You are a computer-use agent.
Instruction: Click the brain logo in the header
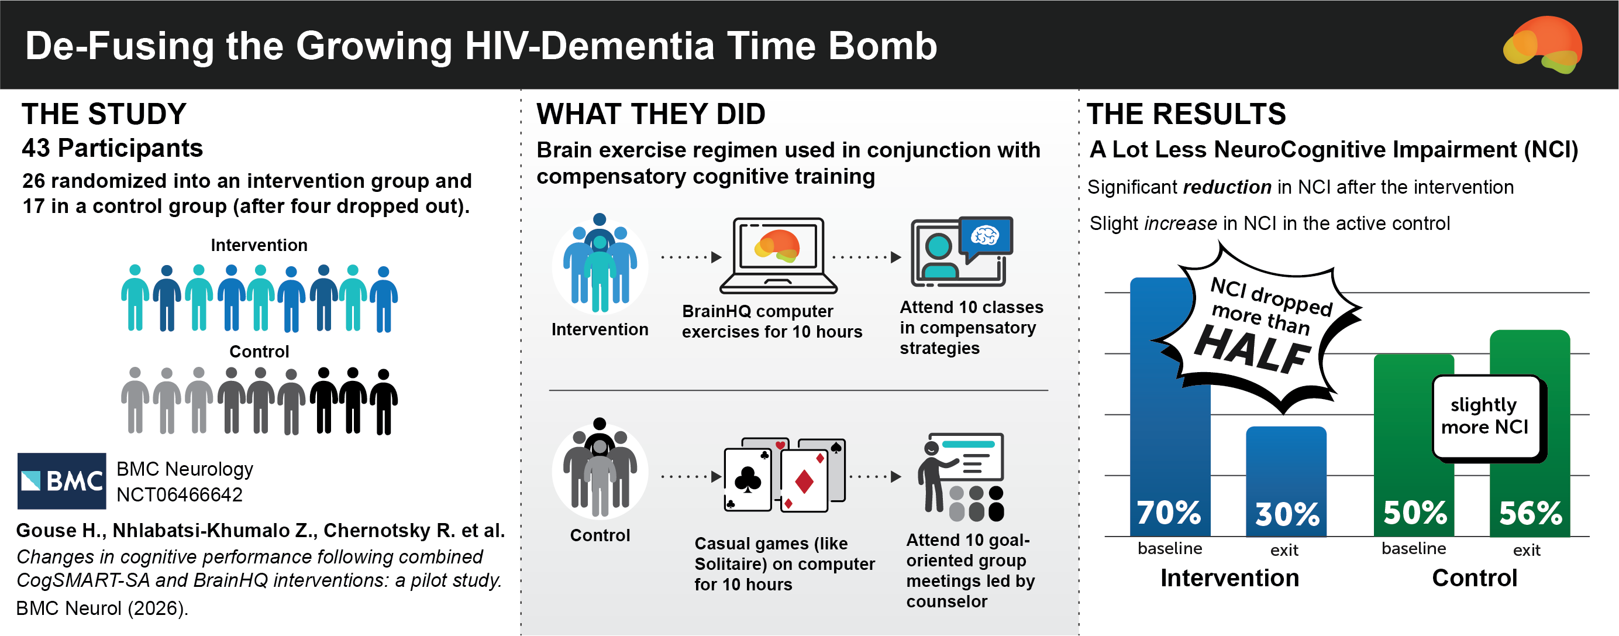(1543, 44)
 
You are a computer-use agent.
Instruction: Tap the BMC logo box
(61, 481)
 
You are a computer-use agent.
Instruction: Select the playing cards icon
(784, 475)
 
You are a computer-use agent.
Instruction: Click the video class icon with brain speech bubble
(962, 252)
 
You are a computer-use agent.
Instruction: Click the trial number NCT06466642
(179, 495)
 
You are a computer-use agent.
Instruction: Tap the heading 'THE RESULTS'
(1187, 114)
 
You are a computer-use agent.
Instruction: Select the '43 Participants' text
(112, 148)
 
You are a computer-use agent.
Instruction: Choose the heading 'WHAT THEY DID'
(650, 114)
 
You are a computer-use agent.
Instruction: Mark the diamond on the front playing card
(804, 482)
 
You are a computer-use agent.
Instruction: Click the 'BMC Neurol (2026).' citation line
(102, 609)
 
